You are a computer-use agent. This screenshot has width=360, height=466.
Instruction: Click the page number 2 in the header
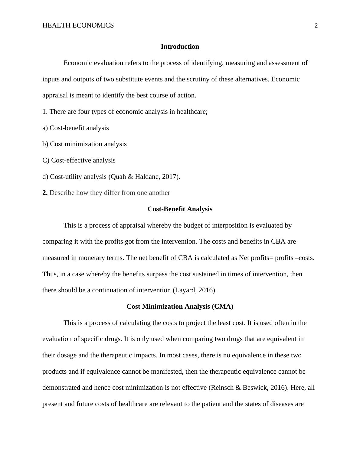coord(316,26)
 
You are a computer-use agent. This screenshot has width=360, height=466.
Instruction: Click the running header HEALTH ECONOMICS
coord(78,25)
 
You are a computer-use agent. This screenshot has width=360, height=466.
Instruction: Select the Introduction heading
coord(180,47)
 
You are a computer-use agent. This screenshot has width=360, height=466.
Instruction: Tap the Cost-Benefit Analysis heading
coord(180,209)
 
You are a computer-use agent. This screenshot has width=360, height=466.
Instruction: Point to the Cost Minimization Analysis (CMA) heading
coord(180,307)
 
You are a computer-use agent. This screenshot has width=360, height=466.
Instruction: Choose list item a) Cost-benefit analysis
coord(76,128)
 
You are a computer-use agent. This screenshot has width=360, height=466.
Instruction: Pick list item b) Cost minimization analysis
coord(84,144)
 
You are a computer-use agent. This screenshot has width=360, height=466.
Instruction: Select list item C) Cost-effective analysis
coord(79,160)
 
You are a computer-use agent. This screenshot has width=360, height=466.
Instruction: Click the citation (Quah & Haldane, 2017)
coord(144,177)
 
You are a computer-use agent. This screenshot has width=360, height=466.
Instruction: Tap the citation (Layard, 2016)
coord(195,290)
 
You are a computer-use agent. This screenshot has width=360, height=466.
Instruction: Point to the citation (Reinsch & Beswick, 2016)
coord(248,388)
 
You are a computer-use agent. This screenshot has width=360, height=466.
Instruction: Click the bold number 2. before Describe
coord(45,193)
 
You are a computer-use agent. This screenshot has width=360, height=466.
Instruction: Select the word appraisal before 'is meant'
coord(55,95)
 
